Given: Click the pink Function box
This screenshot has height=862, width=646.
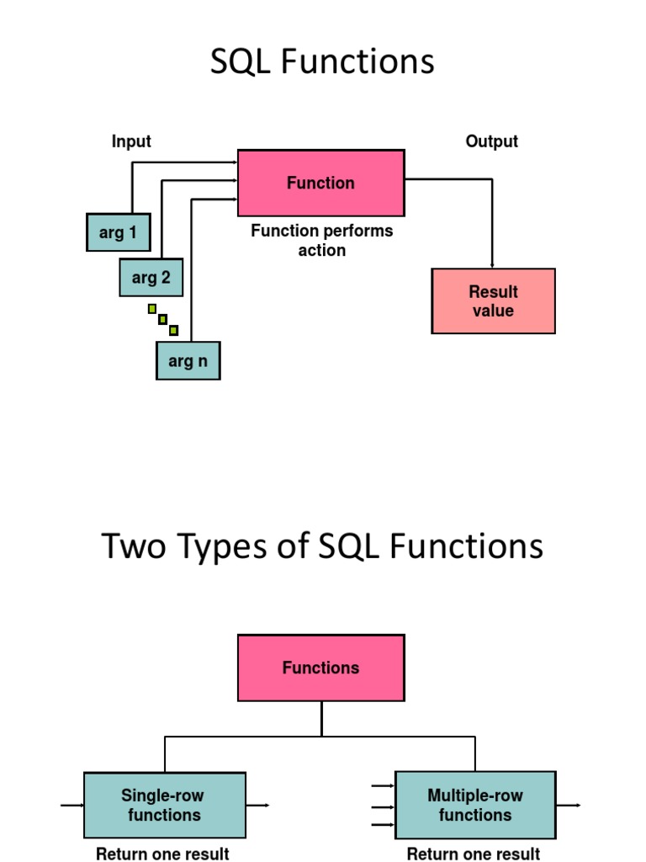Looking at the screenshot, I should (320, 183).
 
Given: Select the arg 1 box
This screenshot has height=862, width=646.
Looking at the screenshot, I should (118, 232).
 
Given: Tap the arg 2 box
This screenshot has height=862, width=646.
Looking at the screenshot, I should (151, 277).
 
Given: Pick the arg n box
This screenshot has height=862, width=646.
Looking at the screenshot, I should (188, 361).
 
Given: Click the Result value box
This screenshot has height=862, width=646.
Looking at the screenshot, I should (493, 301).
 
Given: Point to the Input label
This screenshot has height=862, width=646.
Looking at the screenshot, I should (131, 141).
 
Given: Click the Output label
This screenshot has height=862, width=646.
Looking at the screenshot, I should (491, 141).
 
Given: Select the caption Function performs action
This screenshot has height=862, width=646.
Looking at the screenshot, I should (321, 240).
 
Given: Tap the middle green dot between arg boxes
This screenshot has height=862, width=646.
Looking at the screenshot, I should (163, 320).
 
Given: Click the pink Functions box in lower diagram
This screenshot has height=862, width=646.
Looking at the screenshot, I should (320, 668).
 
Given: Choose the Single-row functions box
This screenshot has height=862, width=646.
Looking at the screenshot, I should (164, 805).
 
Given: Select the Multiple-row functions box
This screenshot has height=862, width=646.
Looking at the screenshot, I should (474, 805).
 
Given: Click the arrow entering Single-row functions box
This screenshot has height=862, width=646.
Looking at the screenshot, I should (71, 806).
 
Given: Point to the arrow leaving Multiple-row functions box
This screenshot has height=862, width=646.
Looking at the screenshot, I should (569, 806).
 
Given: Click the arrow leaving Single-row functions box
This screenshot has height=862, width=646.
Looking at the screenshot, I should (258, 806).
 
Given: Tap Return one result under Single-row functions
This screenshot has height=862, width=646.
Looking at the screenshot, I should (162, 854).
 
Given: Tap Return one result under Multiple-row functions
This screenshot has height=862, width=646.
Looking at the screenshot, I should (473, 854).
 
